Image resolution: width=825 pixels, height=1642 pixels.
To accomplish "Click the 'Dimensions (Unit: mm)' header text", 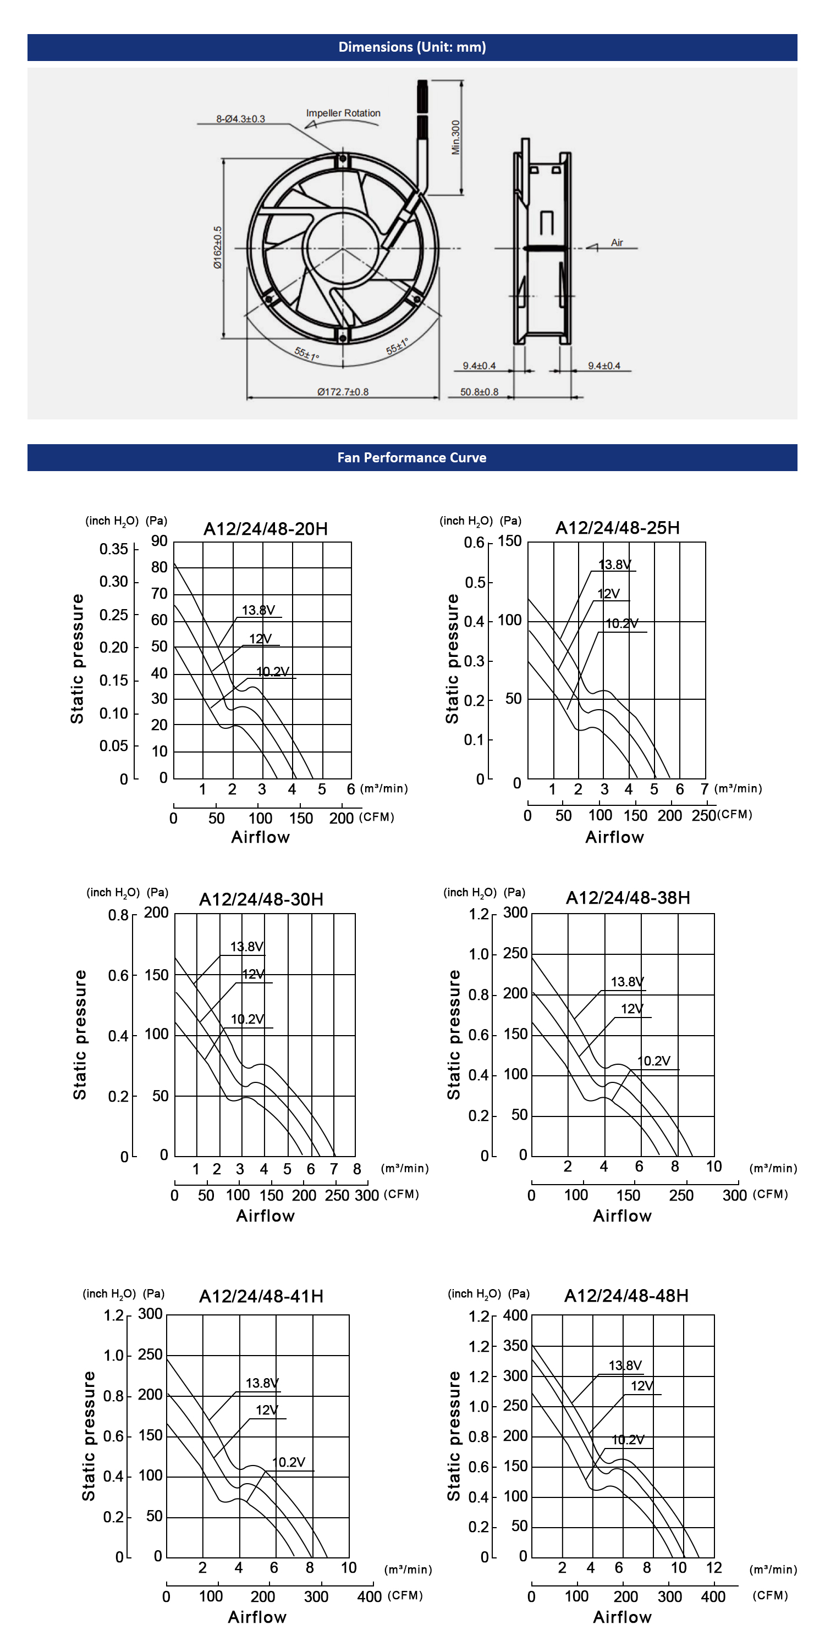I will coord(412,47).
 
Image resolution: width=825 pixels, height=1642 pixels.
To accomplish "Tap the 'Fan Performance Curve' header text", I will coord(412,458).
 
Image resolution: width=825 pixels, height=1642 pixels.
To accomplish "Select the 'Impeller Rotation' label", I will coord(343,113).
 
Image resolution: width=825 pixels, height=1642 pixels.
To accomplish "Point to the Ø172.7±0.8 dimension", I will coord(343,391).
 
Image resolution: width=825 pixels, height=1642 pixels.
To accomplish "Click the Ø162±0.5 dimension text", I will coord(218,247).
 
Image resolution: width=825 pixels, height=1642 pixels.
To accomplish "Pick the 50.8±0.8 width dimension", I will coord(480,391).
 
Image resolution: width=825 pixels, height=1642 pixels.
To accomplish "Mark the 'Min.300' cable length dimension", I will coord(455,137).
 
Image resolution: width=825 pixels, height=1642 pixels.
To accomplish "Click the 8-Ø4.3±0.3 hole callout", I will coord(240,119).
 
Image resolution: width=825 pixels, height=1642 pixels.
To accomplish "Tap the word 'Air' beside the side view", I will coord(617,242).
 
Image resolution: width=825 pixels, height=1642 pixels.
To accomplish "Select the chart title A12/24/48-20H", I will coord(265,528).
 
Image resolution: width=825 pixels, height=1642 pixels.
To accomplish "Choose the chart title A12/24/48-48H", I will coord(626,1296).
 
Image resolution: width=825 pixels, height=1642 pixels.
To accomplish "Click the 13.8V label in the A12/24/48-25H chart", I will coord(614,564).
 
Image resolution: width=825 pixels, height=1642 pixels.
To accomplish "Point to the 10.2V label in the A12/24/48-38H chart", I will coord(653,1060).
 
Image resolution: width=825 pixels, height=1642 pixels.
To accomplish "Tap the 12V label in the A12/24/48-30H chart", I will coord(253,974).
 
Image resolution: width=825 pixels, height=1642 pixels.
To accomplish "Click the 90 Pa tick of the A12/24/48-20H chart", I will coord(159,541).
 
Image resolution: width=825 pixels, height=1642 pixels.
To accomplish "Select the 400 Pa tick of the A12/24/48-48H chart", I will coord(515,1315).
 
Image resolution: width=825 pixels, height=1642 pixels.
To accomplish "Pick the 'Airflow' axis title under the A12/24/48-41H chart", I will coord(257,1617).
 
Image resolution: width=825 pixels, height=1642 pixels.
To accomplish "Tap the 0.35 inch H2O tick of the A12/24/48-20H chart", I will coord(113,549).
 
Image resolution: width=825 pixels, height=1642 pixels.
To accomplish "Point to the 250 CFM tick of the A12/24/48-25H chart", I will coord(704,815).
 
